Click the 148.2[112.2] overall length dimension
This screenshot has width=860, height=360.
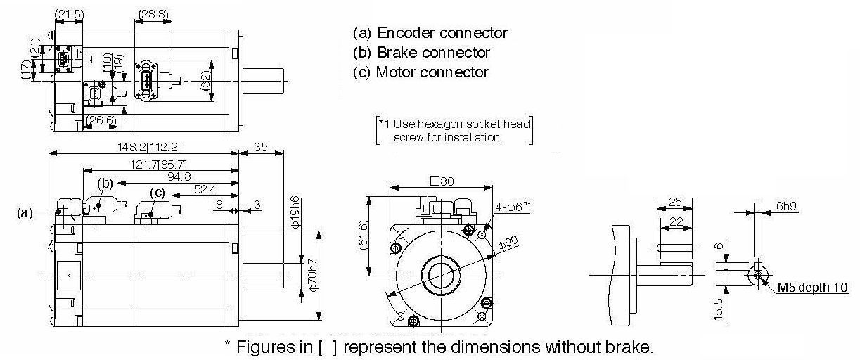point(148,147)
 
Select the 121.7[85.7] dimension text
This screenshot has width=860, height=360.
point(158,165)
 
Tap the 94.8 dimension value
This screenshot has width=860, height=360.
point(179,176)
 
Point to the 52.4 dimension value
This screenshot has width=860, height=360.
point(205,189)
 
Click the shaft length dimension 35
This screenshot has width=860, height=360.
point(261,147)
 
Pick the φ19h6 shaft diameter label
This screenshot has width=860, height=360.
point(295,212)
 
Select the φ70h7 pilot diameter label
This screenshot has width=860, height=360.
point(313,275)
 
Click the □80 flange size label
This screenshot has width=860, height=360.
point(442,181)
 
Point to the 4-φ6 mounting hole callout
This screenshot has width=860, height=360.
point(513,207)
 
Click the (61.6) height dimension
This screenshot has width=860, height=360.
point(363,235)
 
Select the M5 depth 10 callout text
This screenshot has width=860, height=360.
point(812,287)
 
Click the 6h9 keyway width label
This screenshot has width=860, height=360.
point(787,206)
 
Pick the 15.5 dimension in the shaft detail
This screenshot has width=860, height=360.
point(718,309)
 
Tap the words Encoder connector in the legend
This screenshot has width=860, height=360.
point(442,32)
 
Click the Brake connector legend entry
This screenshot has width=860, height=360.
point(421,52)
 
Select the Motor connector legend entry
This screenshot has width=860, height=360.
point(421,72)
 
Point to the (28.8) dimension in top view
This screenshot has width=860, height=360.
point(153,14)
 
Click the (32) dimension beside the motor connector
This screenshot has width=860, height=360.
point(206,81)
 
